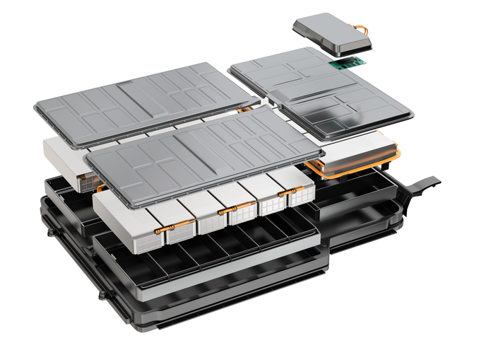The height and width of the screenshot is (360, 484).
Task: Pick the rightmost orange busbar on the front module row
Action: coord(286,192)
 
